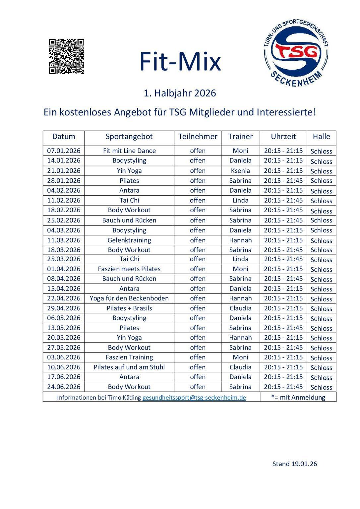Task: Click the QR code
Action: [x=66, y=56]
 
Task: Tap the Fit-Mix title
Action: [x=180, y=62]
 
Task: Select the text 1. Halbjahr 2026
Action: [x=180, y=93]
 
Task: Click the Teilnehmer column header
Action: [x=198, y=137]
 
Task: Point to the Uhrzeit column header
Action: [x=283, y=137]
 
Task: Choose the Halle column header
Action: [x=321, y=137]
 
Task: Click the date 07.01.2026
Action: [x=64, y=151]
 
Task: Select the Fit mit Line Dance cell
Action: [x=129, y=151]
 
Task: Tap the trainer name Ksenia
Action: [x=240, y=171]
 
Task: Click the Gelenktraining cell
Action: [x=129, y=240]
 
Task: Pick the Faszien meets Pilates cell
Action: [x=129, y=269]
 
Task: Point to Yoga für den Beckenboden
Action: [x=129, y=298]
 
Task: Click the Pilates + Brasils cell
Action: [x=129, y=308]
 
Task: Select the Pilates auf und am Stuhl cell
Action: [x=129, y=367]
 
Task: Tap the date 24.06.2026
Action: [x=64, y=387]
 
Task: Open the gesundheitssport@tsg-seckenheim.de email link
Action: [x=194, y=398]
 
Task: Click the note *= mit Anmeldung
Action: [x=298, y=397]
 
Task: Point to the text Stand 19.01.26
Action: [x=294, y=464]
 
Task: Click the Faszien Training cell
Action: [x=129, y=357]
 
